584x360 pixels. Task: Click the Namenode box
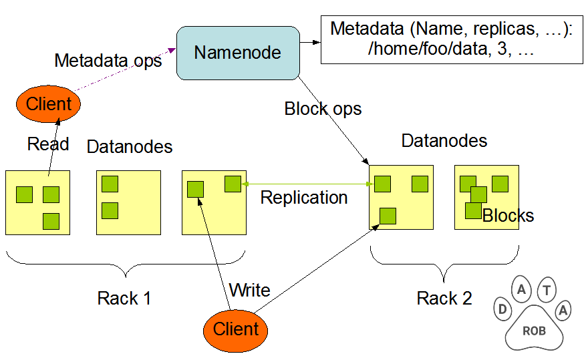click(x=237, y=52)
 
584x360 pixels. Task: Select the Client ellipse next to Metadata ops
click(x=48, y=104)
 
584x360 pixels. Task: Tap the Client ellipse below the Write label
click(x=235, y=329)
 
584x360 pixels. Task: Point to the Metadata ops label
click(x=108, y=61)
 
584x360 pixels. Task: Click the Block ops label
click(x=323, y=109)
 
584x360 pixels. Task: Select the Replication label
click(x=304, y=198)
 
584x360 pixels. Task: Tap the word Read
click(x=48, y=144)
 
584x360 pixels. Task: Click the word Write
click(x=249, y=290)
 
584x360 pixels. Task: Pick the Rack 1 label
click(x=124, y=298)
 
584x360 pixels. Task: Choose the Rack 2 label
click(x=444, y=298)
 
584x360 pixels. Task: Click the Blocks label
click(x=508, y=216)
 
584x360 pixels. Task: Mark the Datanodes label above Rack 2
click(x=444, y=141)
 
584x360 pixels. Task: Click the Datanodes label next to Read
click(x=130, y=147)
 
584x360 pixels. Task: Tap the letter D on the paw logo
click(x=502, y=309)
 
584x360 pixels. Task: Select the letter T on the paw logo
click(x=547, y=289)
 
